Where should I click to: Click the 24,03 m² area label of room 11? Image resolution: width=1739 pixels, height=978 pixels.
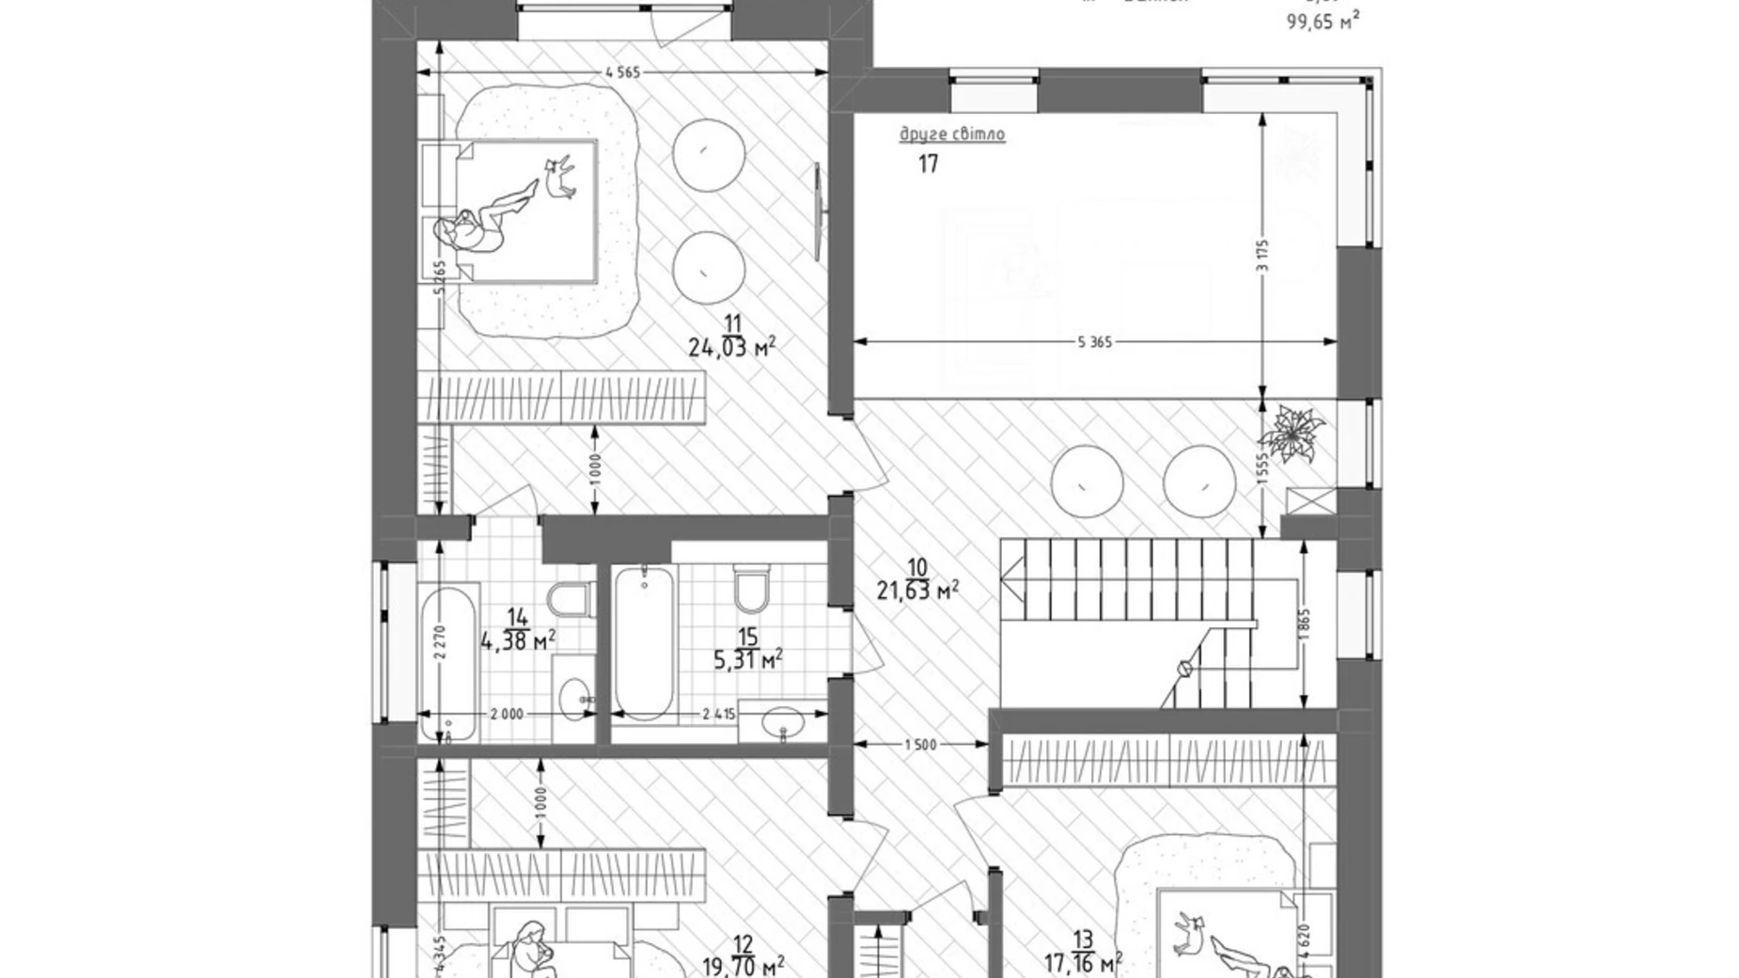pyautogui.click(x=731, y=348)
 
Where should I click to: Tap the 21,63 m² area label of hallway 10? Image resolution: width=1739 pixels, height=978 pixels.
pyautogui.click(x=917, y=591)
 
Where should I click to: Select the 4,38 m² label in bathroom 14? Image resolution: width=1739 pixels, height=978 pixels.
pyautogui.click(x=518, y=641)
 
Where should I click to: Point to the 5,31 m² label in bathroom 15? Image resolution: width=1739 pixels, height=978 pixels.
pyautogui.click(x=748, y=660)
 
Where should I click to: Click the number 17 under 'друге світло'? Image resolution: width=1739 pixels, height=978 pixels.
pyautogui.click(x=928, y=165)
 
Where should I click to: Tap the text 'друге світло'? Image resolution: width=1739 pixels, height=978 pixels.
pyautogui.click(x=952, y=134)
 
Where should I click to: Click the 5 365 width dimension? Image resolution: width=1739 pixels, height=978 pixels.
pyautogui.click(x=1094, y=342)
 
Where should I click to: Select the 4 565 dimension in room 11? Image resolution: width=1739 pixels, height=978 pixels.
pyautogui.click(x=622, y=72)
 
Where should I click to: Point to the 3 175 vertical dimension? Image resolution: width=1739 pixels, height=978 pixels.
pyautogui.click(x=1263, y=255)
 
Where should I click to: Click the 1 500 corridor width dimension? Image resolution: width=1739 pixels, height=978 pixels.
pyautogui.click(x=920, y=745)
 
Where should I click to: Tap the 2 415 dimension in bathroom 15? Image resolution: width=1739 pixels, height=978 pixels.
pyautogui.click(x=719, y=714)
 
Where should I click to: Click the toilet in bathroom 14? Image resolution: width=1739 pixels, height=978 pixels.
pyautogui.click(x=571, y=598)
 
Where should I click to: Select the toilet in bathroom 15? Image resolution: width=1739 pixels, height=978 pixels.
pyautogui.click(x=751, y=587)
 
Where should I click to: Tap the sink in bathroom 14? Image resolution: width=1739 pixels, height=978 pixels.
pyautogui.click(x=574, y=698)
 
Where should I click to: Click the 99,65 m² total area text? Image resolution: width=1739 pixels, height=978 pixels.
pyautogui.click(x=1323, y=22)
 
